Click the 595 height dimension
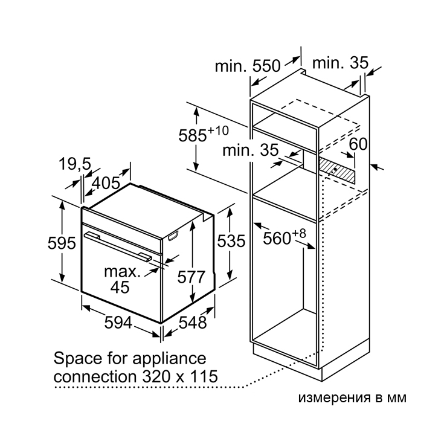point(62,243)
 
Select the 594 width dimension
point(118,323)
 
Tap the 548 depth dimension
point(193,323)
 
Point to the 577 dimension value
point(191,277)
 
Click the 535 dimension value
point(231,241)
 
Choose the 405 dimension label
point(106,183)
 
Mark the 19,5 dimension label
point(75,164)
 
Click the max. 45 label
point(122,279)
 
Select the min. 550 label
point(248,66)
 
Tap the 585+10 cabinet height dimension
point(204,134)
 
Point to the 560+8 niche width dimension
point(285,237)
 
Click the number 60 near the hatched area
point(358,144)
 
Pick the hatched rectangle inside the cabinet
point(337,170)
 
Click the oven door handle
point(118,246)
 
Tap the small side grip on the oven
point(173,236)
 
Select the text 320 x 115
point(180,376)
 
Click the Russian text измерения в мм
point(352,398)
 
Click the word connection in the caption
point(96,376)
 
